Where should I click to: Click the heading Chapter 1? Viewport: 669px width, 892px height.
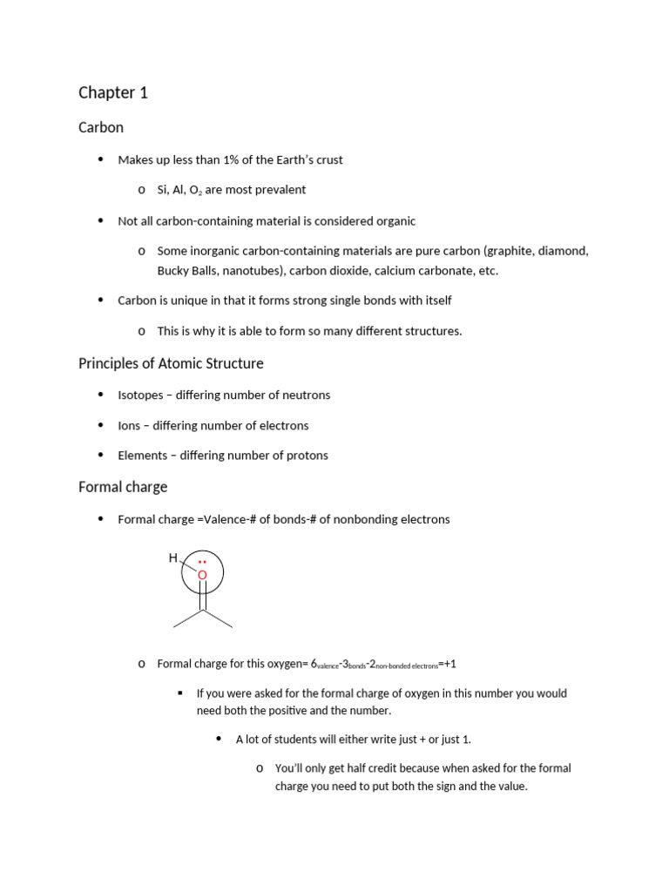click(113, 92)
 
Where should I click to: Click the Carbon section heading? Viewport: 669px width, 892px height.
click(101, 127)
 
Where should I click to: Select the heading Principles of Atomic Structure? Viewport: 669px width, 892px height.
click(171, 363)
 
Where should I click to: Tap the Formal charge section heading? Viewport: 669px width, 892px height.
click(123, 487)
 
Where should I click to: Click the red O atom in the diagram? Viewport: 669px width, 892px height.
click(202, 575)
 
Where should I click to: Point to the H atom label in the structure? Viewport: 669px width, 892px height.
click(173, 557)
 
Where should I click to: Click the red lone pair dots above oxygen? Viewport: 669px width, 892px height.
click(202, 563)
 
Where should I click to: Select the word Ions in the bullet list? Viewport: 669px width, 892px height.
click(129, 425)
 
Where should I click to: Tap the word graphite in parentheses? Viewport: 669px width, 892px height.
click(516, 251)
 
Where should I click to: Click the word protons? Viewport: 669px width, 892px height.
click(308, 455)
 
